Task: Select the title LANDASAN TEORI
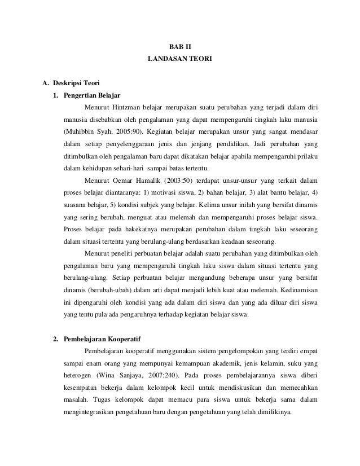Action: pos(180,58)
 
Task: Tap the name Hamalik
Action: pos(147,181)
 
